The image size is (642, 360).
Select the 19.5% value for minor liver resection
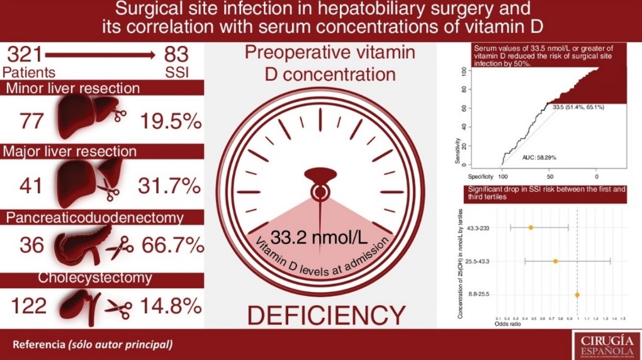170,121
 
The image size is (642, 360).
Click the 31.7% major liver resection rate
170,186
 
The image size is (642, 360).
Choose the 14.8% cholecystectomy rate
170,307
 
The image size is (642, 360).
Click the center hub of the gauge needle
320,191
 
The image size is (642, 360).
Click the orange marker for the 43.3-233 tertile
531,227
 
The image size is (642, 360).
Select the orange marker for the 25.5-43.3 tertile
555,261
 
